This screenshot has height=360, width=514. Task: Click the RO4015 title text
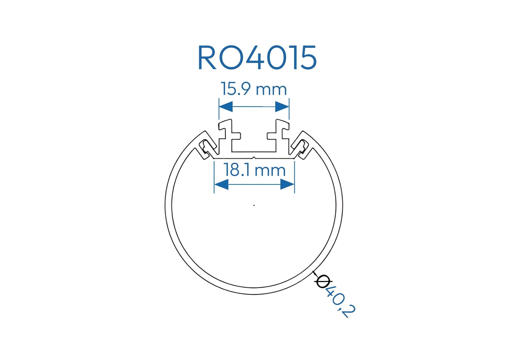pyautogui.click(x=257, y=58)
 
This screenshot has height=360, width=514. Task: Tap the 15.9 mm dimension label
pyautogui.click(x=254, y=89)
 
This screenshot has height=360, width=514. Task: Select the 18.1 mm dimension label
pyautogui.click(x=255, y=170)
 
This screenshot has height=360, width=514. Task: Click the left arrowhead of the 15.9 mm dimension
pyautogui.click(x=226, y=106)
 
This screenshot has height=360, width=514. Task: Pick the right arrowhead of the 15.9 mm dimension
pyautogui.click(x=282, y=106)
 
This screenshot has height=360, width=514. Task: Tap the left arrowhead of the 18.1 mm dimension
pyautogui.click(x=221, y=184)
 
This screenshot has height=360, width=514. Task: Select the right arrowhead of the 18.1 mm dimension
pyautogui.click(x=287, y=184)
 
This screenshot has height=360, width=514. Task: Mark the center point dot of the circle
pyautogui.click(x=254, y=205)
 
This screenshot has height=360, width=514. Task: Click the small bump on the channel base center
pyautogui.click(x=254, y=158)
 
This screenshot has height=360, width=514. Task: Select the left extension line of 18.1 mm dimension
pyautogui.click(x=214, y=177)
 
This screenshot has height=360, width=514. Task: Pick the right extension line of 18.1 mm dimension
pyautogui.click(x=295, y=177)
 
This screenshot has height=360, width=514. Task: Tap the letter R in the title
pyautogui.click(x=207, y=58)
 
